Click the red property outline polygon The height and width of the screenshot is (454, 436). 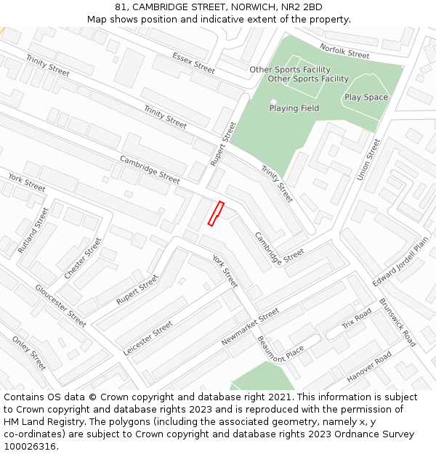215,214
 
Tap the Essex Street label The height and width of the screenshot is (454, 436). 194,62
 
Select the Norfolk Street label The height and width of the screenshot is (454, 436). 344,51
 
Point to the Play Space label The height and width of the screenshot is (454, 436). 366,97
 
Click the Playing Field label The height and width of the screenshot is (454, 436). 294,108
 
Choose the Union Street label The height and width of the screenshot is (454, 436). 369,160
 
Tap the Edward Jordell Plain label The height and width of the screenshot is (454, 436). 400,261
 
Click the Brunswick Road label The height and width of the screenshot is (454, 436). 397,323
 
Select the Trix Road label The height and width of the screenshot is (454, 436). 357,318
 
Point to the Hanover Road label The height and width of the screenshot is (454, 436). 369,367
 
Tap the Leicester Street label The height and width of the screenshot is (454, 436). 148,338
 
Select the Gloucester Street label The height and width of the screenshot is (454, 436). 60,305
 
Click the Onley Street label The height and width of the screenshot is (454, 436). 29,352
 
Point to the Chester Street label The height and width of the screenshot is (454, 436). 83,258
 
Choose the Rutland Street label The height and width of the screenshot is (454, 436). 33,230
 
